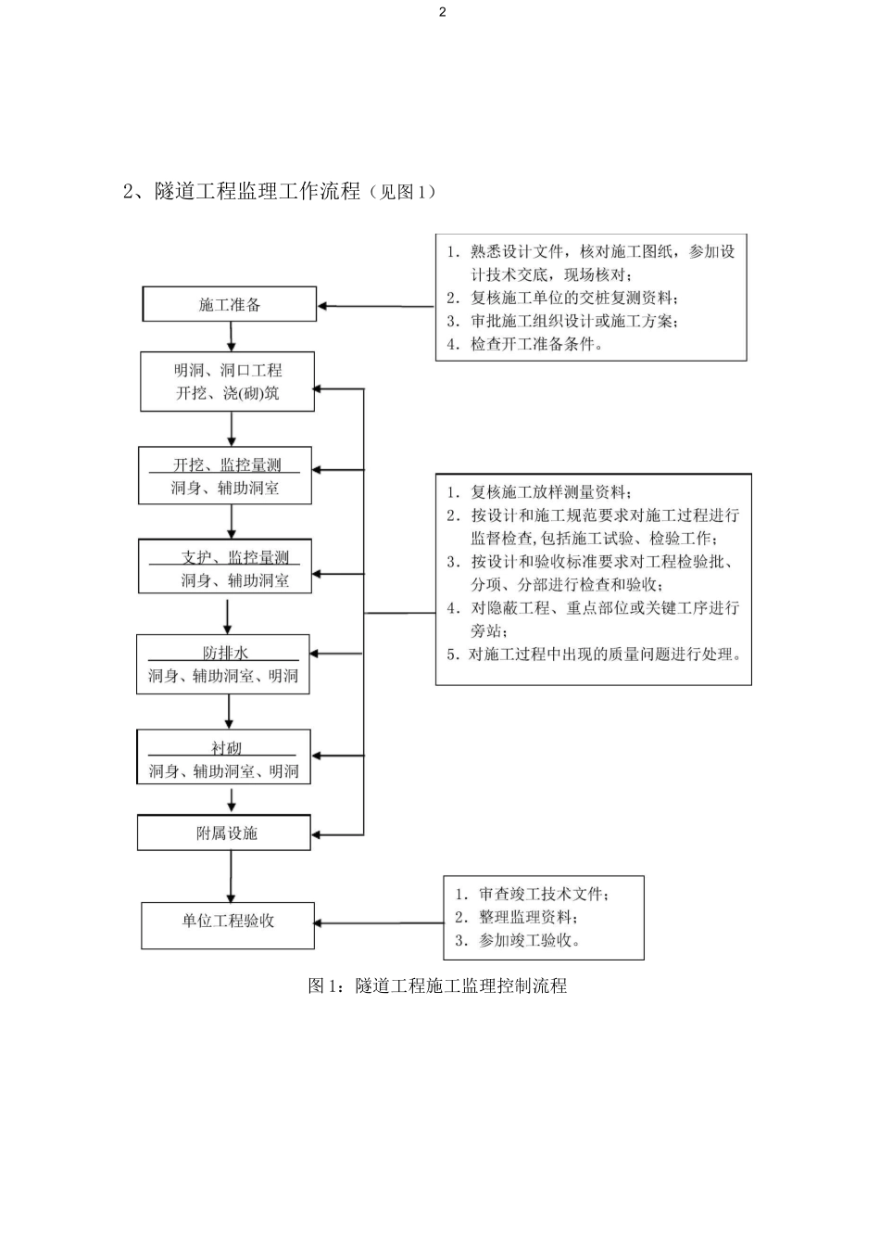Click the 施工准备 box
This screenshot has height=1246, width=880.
229,304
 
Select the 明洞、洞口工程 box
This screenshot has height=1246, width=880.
228,381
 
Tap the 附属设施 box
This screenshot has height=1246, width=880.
225,833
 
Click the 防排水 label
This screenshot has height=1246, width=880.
225,653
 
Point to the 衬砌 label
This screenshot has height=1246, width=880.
226,747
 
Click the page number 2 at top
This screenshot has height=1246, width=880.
443,12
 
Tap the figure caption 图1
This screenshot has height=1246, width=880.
437,985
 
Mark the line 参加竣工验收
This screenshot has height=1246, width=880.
518,940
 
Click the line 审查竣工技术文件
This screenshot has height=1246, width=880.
532,894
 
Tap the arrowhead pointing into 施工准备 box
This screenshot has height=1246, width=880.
324,306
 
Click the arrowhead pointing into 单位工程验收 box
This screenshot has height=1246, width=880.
321,922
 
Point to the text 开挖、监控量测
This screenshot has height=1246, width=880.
226,464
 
